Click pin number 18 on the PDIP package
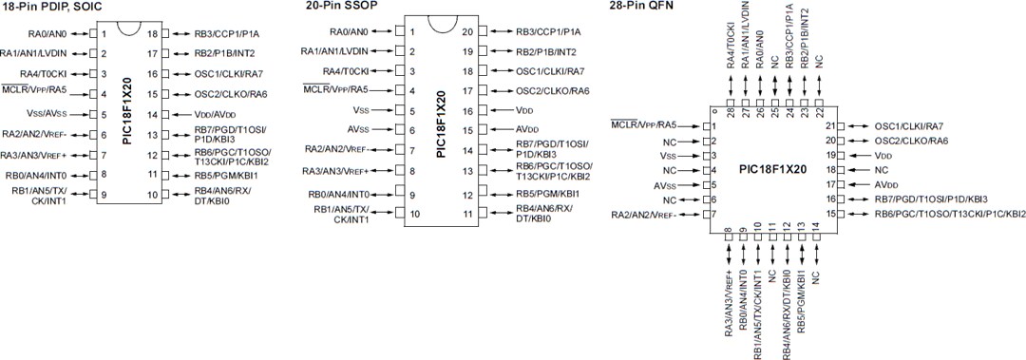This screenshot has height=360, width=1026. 152,33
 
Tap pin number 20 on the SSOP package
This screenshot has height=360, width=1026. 467,31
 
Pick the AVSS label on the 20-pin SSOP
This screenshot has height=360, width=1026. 357,129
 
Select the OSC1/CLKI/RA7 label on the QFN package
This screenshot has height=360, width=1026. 909,126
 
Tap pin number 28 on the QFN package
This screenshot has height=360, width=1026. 730,111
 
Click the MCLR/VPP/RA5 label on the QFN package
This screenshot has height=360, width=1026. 644,125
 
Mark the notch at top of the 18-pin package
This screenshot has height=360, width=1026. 128,26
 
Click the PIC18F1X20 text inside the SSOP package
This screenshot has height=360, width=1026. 440,123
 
